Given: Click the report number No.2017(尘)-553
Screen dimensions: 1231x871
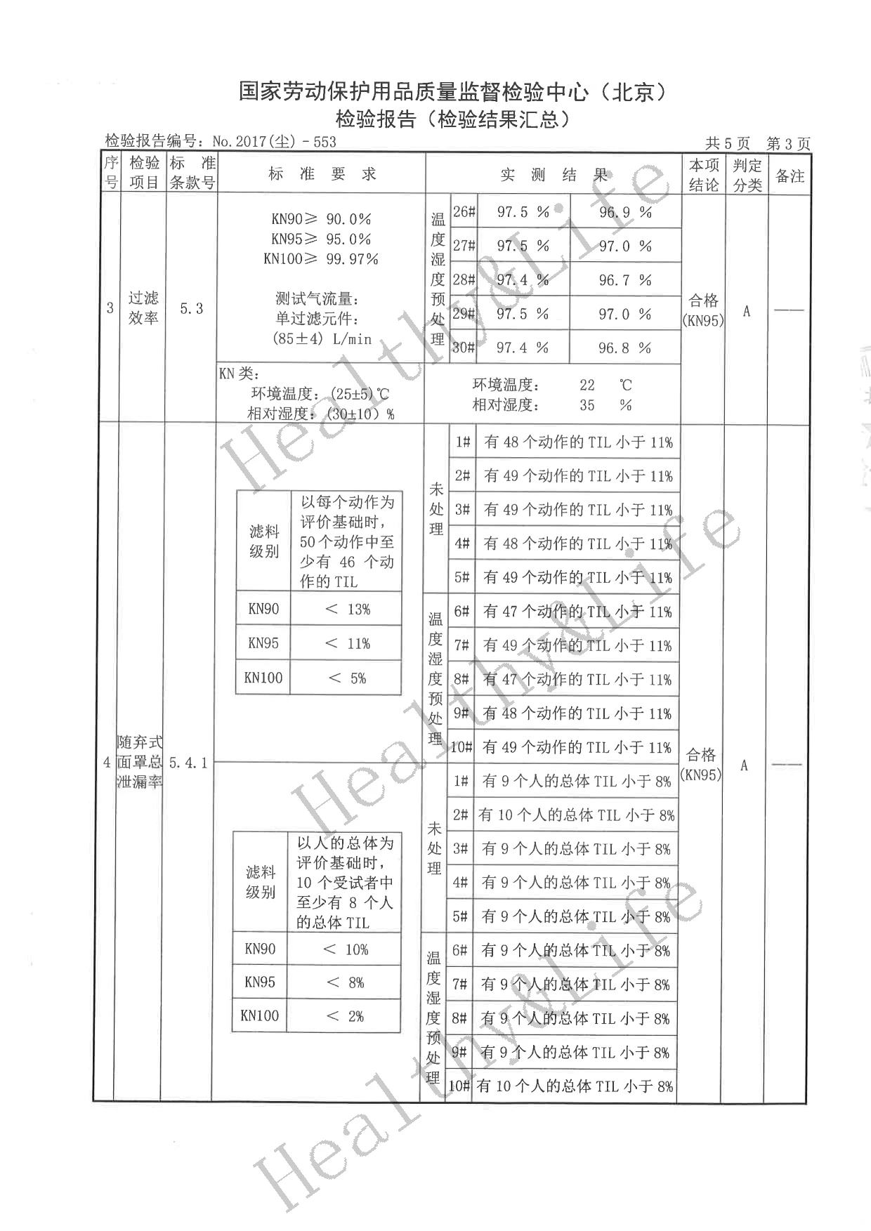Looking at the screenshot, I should click(274, 142).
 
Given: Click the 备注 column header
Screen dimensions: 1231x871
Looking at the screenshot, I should click(790, 176).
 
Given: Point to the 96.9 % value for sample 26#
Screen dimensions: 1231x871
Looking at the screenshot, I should click(625, 212).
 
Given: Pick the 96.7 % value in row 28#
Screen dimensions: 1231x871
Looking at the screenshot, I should click(625, 280).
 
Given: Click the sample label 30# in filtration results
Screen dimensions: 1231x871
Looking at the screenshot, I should click(464, 348).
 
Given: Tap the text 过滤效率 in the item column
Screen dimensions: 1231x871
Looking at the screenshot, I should click(143, 308).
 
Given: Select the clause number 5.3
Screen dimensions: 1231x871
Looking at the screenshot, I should click(191, 308).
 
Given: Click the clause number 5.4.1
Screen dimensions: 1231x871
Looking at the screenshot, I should click(188, 763).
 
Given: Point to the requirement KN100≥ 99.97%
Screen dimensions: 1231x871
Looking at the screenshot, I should click(321, 259).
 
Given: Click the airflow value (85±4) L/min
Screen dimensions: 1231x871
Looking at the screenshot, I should click(322, 338).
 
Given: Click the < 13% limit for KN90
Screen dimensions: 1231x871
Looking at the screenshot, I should click(348, 610).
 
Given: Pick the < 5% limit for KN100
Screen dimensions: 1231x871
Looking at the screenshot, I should click(348, 678).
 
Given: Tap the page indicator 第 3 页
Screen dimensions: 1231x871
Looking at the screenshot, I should click(788, 144).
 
